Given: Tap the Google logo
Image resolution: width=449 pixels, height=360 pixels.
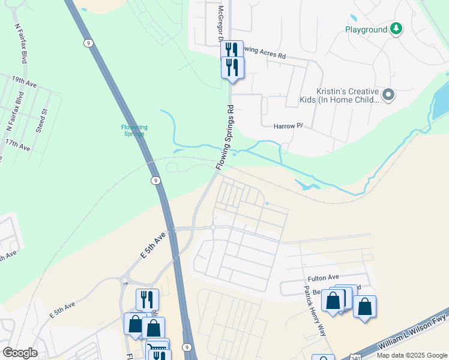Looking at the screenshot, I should [x=20, y=353].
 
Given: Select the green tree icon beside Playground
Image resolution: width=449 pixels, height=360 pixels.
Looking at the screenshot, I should [x=396, y=28].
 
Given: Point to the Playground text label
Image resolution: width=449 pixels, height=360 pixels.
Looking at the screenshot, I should [x=365, y=29].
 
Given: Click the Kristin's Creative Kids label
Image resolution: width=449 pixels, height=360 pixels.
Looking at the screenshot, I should [x=340, y=95].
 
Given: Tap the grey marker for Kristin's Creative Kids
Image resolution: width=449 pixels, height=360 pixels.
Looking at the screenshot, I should [x=388, y=94].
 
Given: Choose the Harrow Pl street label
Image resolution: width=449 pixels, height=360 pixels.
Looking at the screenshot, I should [x=289, y=127].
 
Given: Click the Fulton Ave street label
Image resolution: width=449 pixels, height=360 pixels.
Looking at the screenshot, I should [x=320, y=278].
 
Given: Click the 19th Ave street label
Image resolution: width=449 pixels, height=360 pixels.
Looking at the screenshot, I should [x=24, y=82].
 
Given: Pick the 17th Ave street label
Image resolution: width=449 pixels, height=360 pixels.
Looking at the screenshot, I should [x=17, y=144].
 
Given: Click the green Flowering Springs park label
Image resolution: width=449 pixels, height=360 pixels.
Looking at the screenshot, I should [x=134, y=130].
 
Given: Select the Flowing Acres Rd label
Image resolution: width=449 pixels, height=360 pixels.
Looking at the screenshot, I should [x=265, y=55].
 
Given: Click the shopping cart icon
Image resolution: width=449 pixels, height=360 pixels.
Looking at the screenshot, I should [x=157, y=347].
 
